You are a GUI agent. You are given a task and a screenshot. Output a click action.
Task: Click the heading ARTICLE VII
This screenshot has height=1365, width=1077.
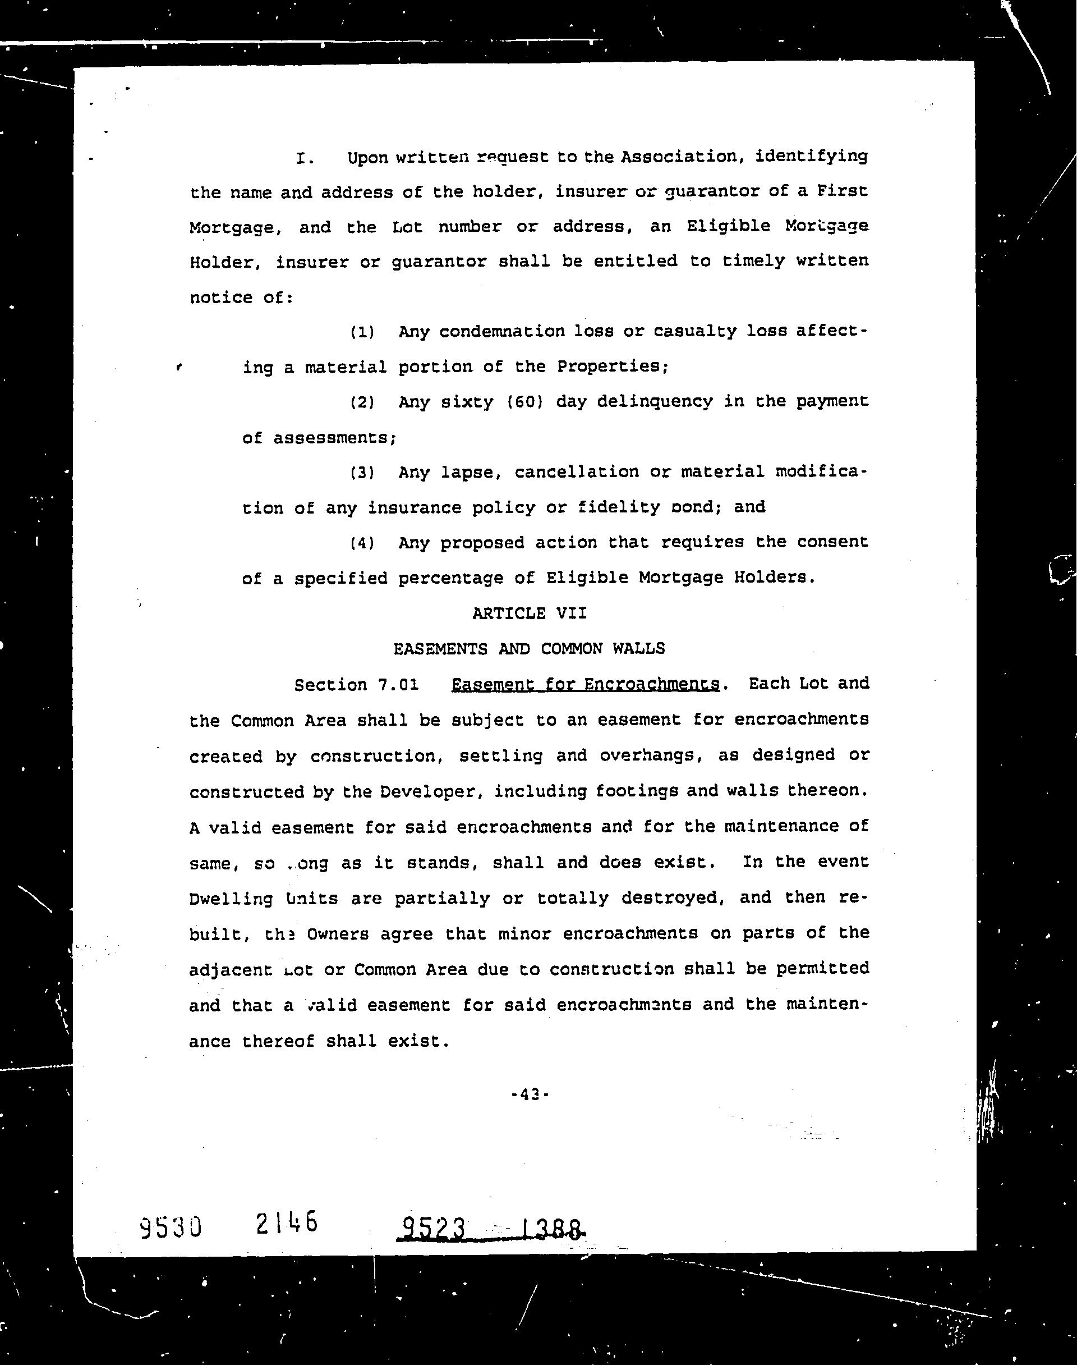[529, 613]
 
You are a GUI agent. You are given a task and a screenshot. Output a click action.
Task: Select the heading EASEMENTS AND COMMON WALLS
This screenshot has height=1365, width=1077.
[529, 648]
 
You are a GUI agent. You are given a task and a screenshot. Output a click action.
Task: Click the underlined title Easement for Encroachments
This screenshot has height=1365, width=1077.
[586, 684]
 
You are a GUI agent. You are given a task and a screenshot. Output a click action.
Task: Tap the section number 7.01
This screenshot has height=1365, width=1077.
[398, 685]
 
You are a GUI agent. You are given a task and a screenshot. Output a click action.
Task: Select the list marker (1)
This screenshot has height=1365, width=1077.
[362, 332]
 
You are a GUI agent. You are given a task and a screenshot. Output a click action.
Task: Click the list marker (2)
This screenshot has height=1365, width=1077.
[362, 402]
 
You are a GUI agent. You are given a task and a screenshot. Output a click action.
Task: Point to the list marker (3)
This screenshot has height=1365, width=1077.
[362, 473]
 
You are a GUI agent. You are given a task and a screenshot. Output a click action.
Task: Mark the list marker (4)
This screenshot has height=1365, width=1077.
[362, 543]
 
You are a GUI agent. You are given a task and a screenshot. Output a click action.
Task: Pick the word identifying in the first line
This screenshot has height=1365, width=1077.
[811, 156]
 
